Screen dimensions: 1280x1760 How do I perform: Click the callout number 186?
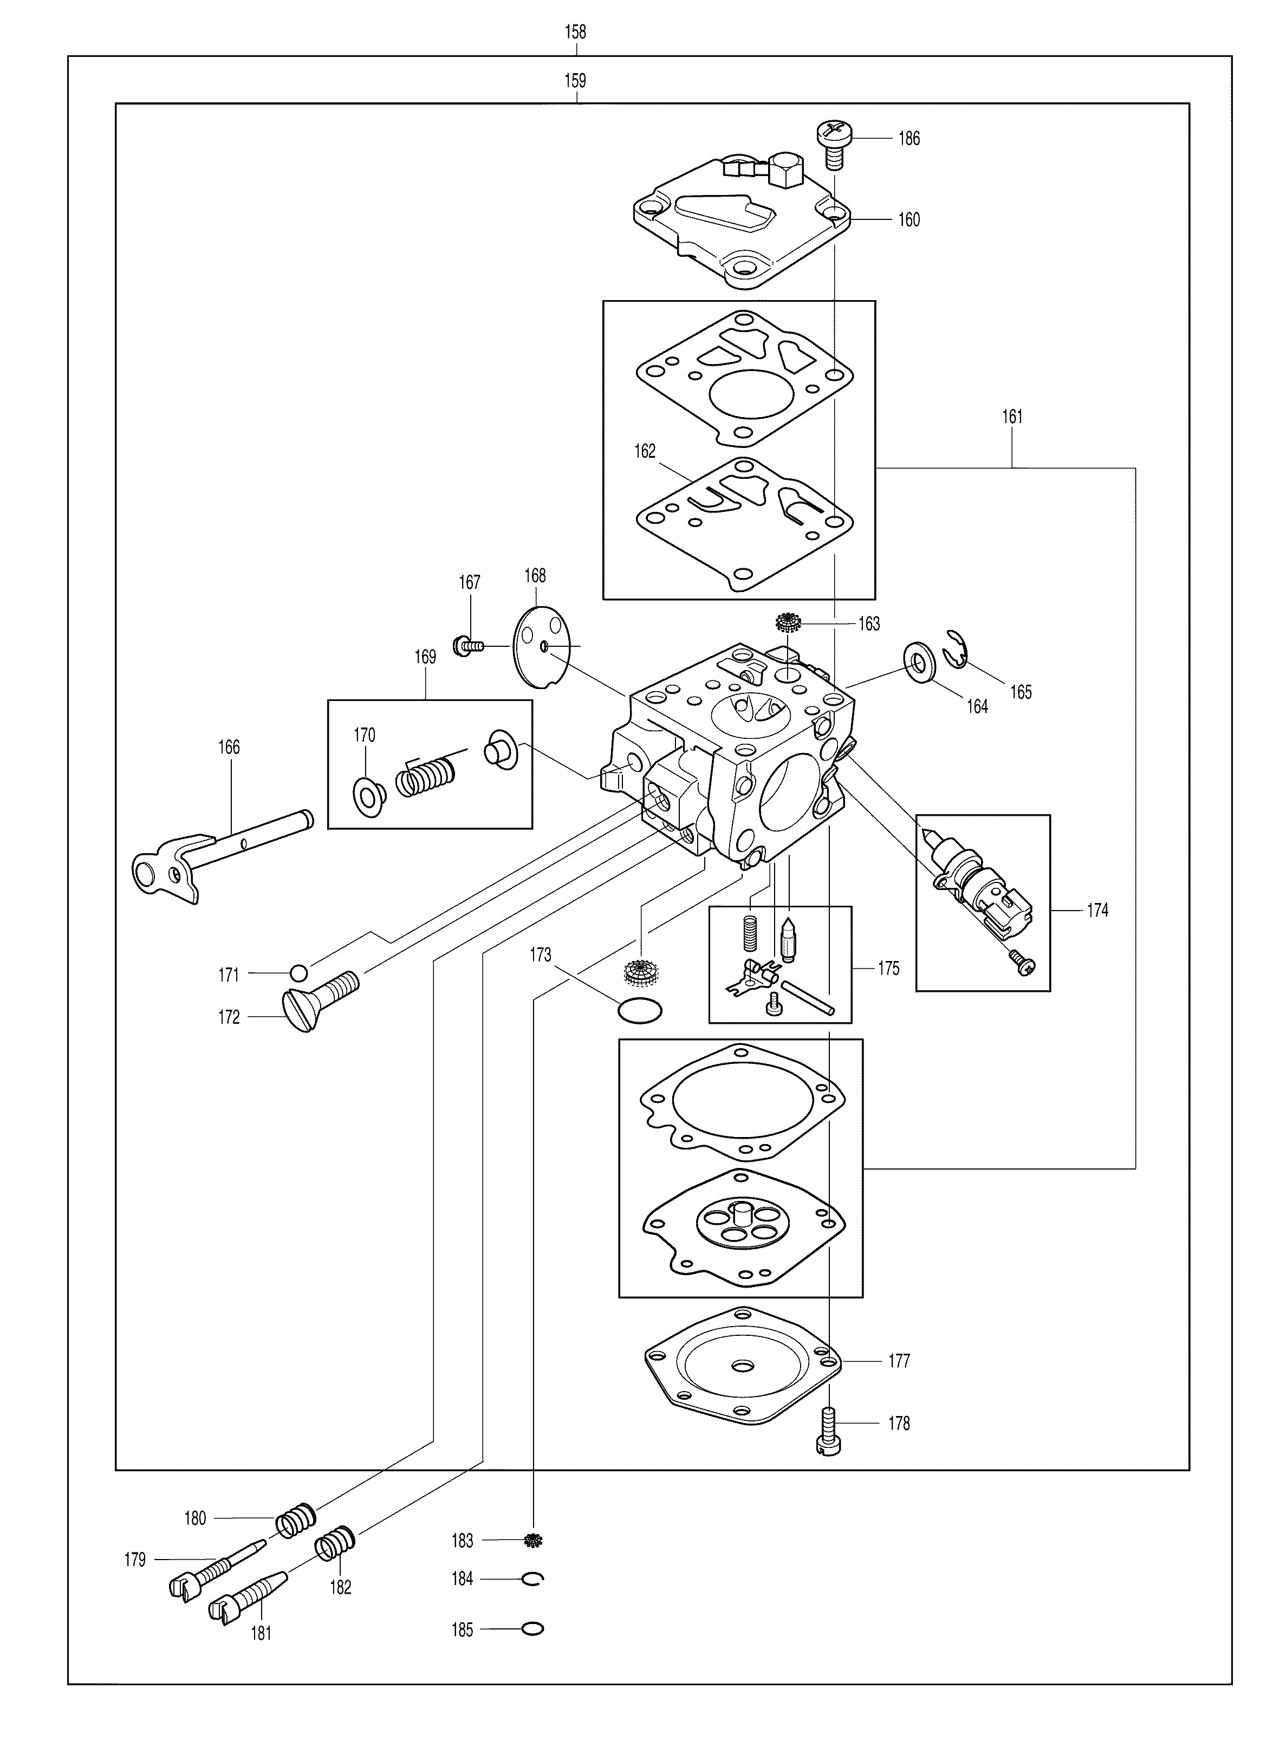909,139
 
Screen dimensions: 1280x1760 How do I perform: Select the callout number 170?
365,735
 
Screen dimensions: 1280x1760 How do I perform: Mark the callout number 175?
889,969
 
